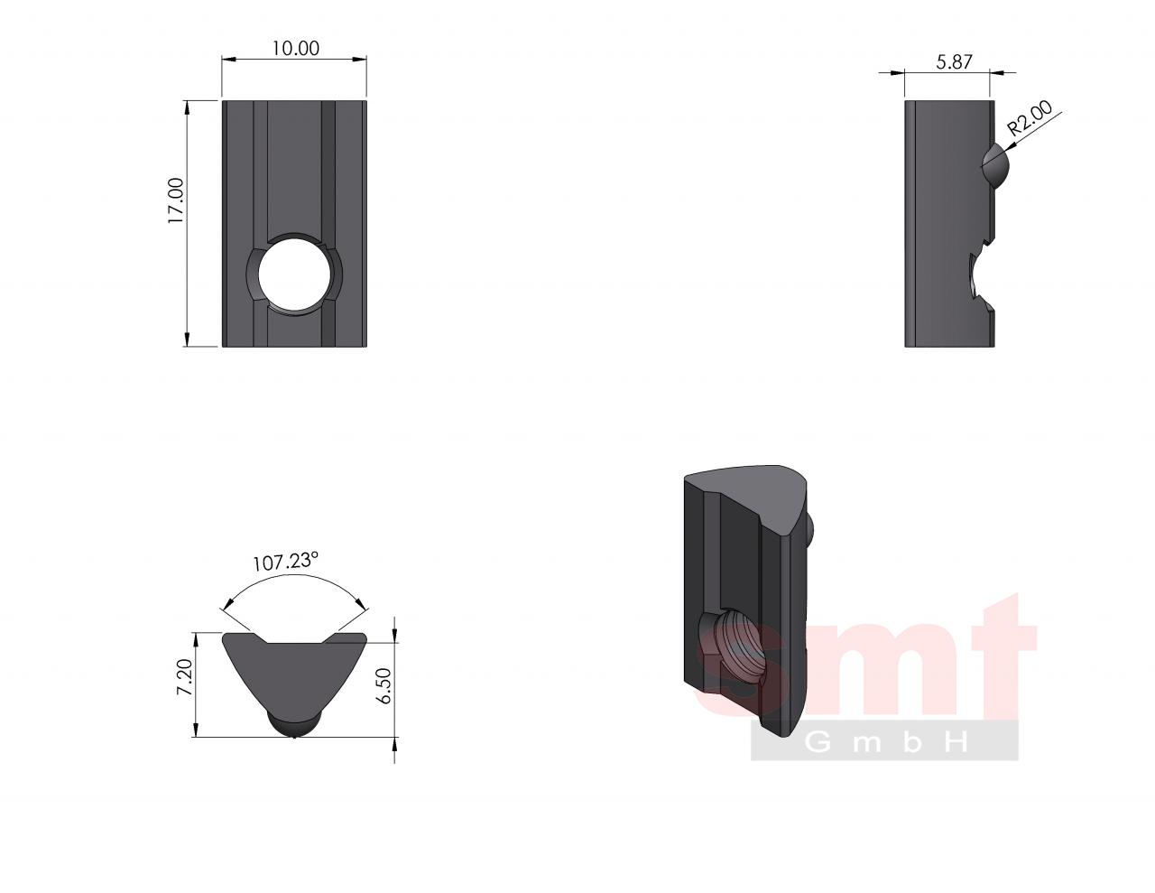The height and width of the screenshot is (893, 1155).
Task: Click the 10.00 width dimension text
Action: [296, 49]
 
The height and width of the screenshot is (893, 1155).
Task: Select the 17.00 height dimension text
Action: [176, 200]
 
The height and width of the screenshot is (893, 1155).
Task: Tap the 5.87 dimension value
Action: [954, 62]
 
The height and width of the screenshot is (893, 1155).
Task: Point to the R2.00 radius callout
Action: [1030, 118]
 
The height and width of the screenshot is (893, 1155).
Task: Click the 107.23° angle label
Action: [285, 561]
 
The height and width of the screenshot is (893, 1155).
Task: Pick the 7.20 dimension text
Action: [185, 676]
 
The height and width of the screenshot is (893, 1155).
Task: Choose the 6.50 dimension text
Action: [383, 685]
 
